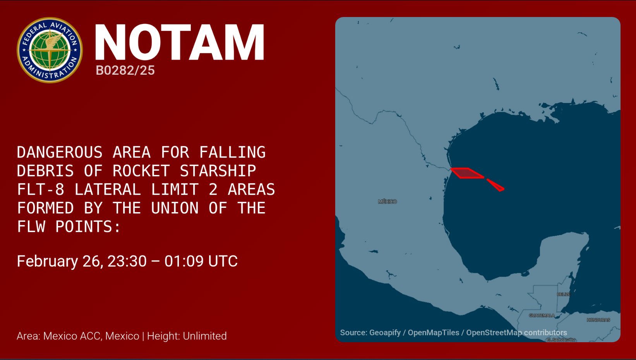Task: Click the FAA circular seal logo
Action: (50, 50)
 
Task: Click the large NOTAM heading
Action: (180, 42)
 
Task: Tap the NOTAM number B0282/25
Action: (125, 70)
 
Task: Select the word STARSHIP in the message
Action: (218, 171)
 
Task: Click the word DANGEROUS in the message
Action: (60, 152)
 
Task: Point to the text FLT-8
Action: (41, 189)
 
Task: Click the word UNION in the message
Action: (175, 208)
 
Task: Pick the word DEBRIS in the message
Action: (45, 171)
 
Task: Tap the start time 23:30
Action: (127, 261)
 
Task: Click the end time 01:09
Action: (184, 261)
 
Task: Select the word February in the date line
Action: (47, 262)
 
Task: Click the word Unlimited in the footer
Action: (205, 336)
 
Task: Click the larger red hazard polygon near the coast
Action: (467, 173)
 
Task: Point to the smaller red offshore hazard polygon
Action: (496, 185)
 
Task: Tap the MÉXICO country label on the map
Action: (387, 202)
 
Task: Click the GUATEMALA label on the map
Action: (542, 315)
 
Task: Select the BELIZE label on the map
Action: (564, 294)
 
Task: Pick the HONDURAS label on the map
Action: (598, 320)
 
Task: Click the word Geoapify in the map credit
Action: (385, 333)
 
